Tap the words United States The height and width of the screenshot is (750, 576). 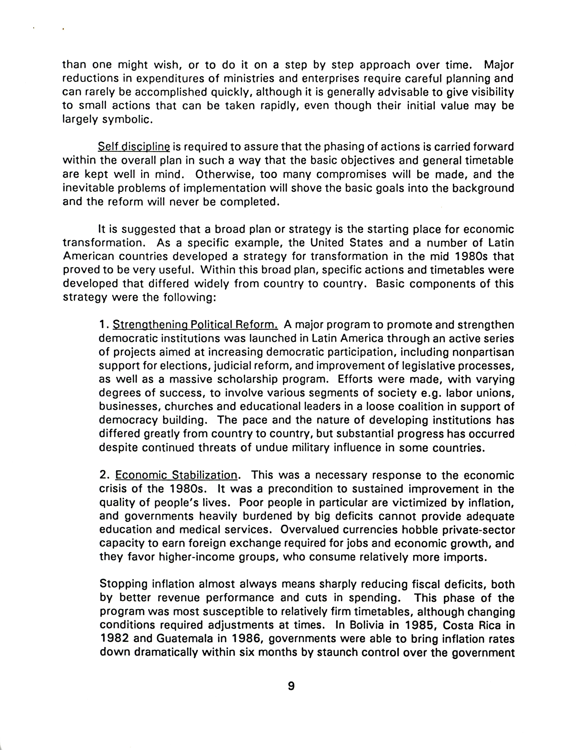pyautogui.click(x=346, y=243)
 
